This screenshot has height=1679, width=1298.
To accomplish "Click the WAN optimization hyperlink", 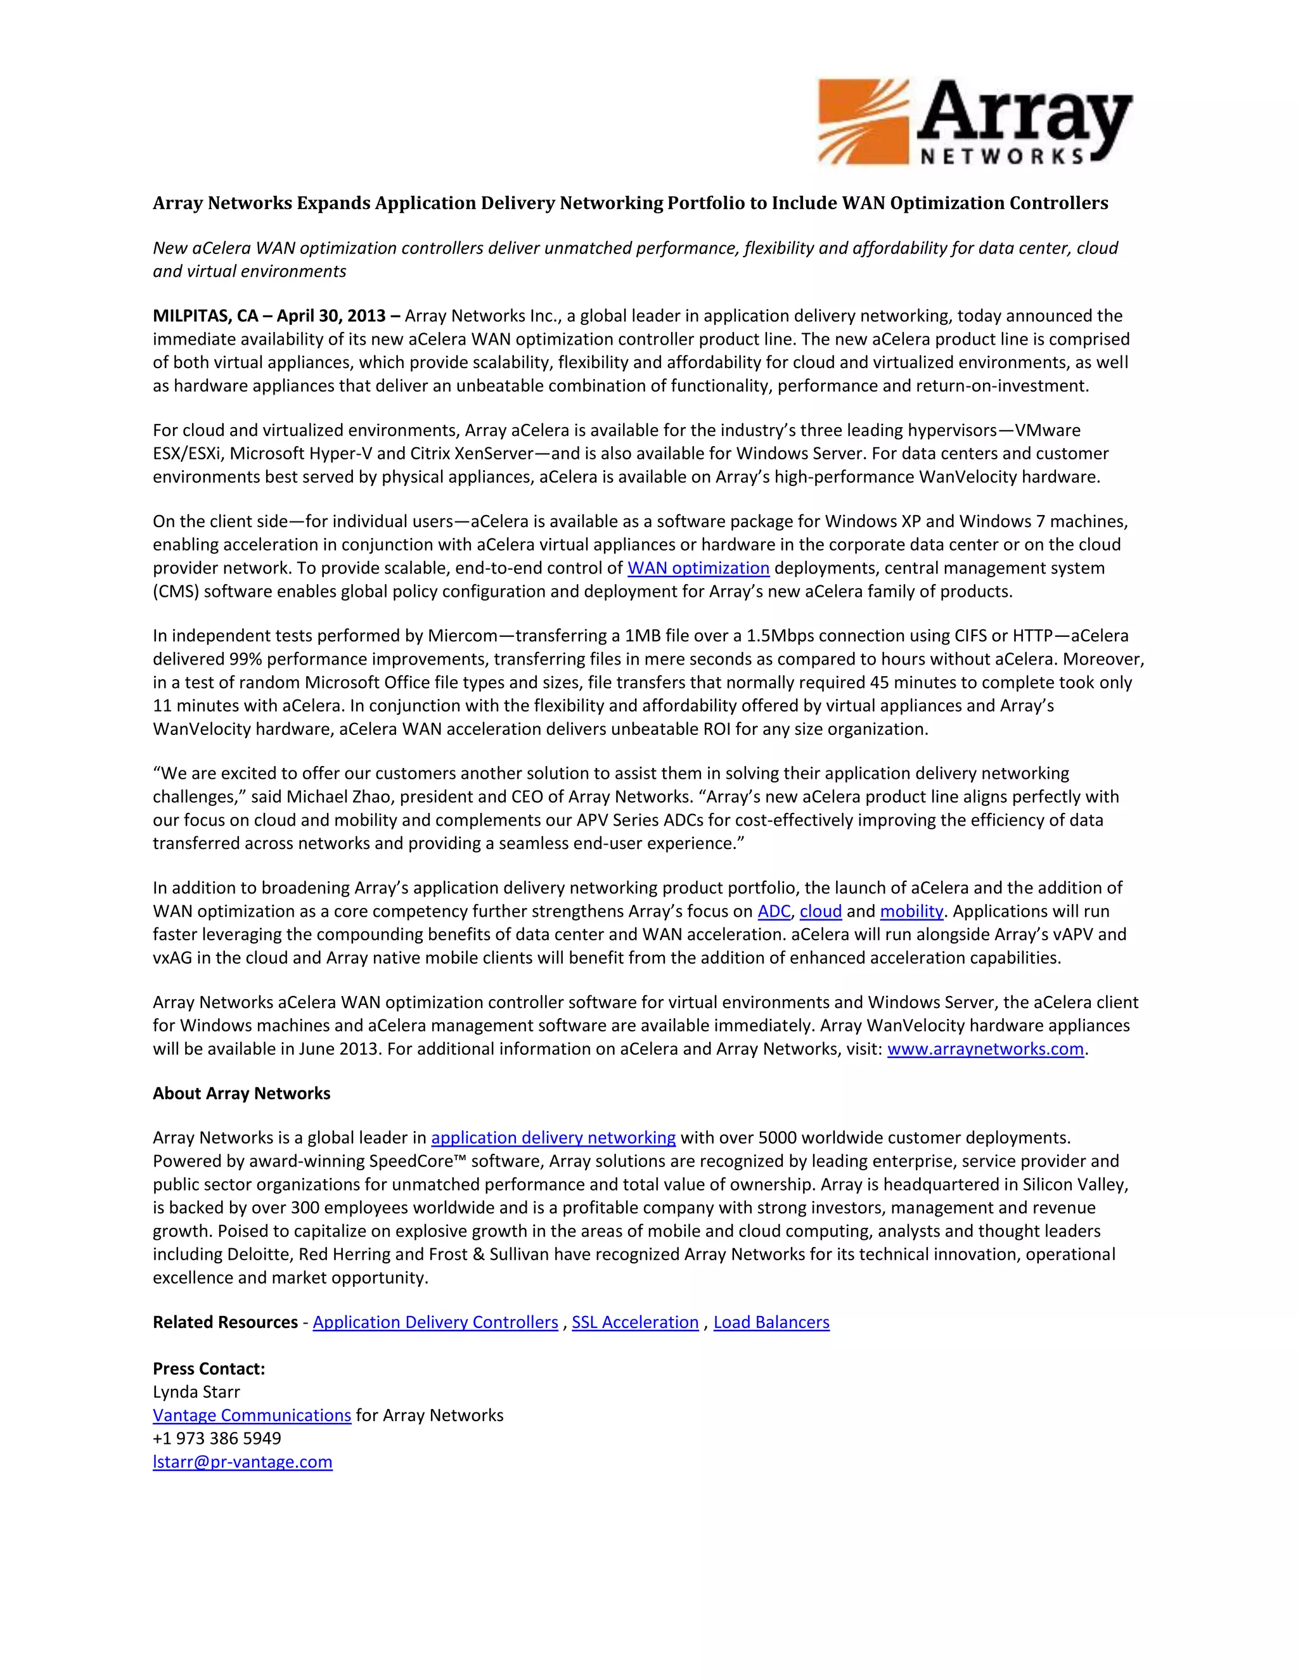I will (x=698, y=568).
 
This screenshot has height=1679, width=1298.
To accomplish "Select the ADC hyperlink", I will (x=774, y=911).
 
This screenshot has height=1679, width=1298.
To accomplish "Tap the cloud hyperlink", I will (x=821, y=911).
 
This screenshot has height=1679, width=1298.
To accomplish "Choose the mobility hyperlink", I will (x=911, y=911).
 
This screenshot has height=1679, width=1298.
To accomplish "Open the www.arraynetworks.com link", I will (x=985, y=1049).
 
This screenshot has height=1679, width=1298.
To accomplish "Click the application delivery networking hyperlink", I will (x=553, y=1137).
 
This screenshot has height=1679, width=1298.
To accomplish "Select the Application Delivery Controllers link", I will (x=435, y=1322).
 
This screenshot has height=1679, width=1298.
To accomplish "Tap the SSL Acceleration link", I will (x=635, y=1322).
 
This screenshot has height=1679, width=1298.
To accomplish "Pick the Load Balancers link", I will (x=771, y=1322).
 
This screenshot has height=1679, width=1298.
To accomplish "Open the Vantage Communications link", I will (x=252, y=1415).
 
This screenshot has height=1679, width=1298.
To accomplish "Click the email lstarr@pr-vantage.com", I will (x=242, y=1462).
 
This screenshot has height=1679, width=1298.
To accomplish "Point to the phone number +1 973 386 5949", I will (x=217, y=1438).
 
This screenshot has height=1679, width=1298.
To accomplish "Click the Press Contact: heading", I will (x=209, y=1369).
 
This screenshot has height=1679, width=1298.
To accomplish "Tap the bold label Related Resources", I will (x=224, y=1322).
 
